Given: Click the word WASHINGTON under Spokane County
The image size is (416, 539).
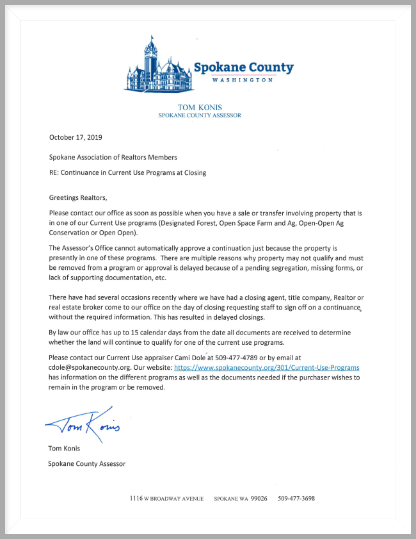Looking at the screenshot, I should click(244, 81).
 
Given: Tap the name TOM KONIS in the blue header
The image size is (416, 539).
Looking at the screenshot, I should click(200, 107).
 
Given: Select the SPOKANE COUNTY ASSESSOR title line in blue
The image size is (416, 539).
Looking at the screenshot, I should click(200, 115).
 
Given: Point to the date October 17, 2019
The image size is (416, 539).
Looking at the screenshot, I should click(76, 137).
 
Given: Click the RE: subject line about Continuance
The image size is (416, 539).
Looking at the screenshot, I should click(127, 172).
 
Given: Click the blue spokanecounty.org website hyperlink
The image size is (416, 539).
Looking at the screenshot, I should click(266, 368).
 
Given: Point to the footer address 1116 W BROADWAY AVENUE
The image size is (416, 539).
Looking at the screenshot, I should click(166, 498).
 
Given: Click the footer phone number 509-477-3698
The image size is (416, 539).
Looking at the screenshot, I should click(296, 498).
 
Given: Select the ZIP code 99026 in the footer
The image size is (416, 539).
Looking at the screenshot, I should click(259, 498).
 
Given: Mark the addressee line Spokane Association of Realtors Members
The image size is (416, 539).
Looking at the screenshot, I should click(113, 157).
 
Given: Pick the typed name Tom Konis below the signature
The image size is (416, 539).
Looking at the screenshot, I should click(64, 448).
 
